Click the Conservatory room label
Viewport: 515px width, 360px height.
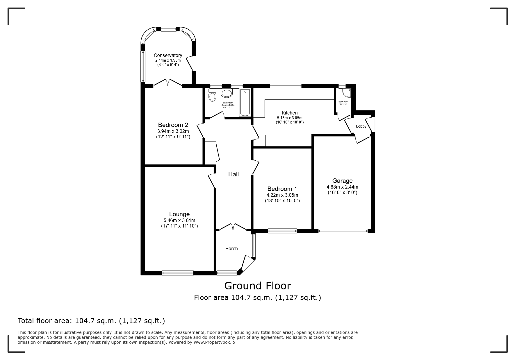pyautogui.click(x=168, y=55)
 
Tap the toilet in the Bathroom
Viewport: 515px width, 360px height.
pyautogui.click(x=212, y=95)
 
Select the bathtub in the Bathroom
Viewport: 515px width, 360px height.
pyautogui.click(x=245, y=103)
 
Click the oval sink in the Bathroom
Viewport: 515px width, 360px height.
pyautogui.click(x=227, y=93)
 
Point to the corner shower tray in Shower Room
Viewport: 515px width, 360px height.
pyautogui.click(x=346, y=93)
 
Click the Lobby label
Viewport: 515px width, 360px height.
pyautogui.click(x=361, y=126)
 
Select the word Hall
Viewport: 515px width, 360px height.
pyautogui.click(x=234, y=174)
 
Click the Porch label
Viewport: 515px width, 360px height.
pyautogui.click(x=231, y=248)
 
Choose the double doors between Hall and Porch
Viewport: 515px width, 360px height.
pyautogui.click(x=233, y=227)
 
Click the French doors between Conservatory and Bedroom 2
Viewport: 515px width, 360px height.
pyautogui.click(x=168, y=83)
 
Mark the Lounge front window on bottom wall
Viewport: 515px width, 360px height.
pyautogui.click(x=177, y=273)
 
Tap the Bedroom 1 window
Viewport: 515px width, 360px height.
pyautogui.click(x=282, y=231)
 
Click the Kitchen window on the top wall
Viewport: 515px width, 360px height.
pyautogui.click(x=285, y=86)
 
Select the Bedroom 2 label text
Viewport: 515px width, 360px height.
pyautogui.click(x=173, y=125)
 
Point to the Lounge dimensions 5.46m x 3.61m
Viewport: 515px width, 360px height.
pyautogui.click(x=179, y=221)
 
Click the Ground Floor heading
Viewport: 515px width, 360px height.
pyautogui.click(x=257, y=286)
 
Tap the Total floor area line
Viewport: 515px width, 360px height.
pyautogui.click(x=91, y=321)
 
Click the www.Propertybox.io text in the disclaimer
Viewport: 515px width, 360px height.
pyautogui.click(x=214, y=342)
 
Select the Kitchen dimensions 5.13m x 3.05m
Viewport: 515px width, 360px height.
pyautogui.click(x=290, y=118)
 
